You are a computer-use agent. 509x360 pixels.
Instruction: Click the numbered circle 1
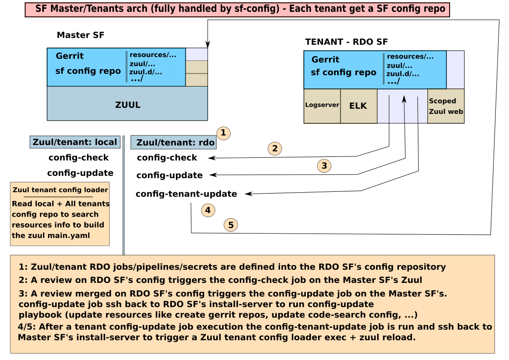[x=223, y=133]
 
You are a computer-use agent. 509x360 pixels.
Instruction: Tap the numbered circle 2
[x=275, y=149]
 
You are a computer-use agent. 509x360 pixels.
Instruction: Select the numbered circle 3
[x=324, y=166]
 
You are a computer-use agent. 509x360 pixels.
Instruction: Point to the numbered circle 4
[x=208, y=210]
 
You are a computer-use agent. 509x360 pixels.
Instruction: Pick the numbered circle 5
[x=231, y=224]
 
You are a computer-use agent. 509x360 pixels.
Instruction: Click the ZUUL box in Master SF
[x=127, y=105]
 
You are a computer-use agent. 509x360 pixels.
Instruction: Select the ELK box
[x=358, y=106]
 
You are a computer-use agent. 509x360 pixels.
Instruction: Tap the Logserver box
[x=322, y=105]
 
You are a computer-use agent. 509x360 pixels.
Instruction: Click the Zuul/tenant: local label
[x=75, y=142]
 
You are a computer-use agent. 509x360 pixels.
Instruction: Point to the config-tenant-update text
[x=186, y=194]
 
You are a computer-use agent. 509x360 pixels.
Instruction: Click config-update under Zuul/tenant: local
[x=80, y=173]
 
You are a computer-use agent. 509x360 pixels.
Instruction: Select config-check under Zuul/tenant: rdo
[x=167, y=158]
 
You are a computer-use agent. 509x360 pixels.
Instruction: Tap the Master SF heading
[x=81, y=35]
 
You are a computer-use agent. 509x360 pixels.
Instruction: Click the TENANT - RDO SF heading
[x=346, y=42]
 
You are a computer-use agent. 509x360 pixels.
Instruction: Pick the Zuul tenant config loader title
[x=60, y=190]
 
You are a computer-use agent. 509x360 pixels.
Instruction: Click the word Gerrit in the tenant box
[x=325, y=60]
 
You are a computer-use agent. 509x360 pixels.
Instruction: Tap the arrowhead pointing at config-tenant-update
[x=248, y=194]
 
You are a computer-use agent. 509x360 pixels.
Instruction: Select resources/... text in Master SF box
[x=153, y=55]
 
